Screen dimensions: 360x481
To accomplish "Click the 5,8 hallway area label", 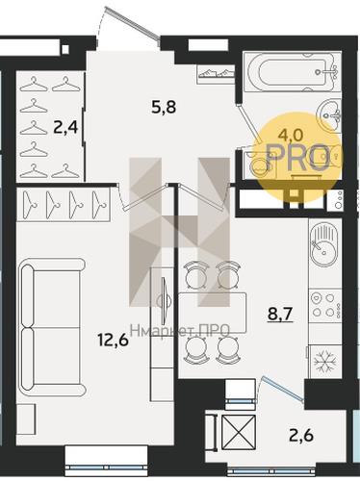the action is pyautogui.click(x=164, y=107).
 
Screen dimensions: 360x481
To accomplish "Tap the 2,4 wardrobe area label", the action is pyautogui.click(x=65, y=129).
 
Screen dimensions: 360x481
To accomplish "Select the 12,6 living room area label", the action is pyautogui.click(x=114, y=340).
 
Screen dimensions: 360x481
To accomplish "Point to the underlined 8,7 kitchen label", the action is pyautogui.click(x=280, y=315).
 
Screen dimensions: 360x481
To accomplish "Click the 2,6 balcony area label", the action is pyautogui.click(x=300, y=435).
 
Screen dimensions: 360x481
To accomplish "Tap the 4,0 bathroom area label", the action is pyautogui.click(x=291, y=136).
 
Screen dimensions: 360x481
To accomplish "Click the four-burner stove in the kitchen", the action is pyautogui.click(x=325, y=306).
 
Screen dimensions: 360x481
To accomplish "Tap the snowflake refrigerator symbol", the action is pyautogui.click(x=324, y=361).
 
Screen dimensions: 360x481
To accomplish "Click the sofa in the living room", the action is pyautogui.click(x=51, y=327).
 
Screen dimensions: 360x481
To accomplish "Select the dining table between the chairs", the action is pyautogui.click(x=213, y=313).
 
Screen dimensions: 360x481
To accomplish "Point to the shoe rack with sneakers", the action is pyautogui.click(x=215, y=74).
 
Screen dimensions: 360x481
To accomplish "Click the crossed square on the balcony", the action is pyautogui.click(x=239, y=432).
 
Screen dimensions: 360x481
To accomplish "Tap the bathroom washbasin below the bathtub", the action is pyautogui.click(x=329, y=114).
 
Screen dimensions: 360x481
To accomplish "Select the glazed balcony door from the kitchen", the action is pyautogui.click(x=282, y=389).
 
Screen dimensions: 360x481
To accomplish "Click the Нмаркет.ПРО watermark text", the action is pyautogui.click(x=180, y=330).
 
